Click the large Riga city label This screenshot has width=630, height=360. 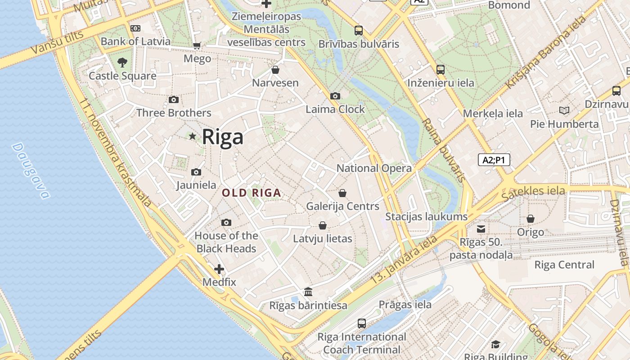click(222, 137)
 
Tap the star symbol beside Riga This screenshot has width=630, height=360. click(193, 136)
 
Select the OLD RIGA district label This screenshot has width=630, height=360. click(252, 193)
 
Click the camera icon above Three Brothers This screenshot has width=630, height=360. click(174, 99)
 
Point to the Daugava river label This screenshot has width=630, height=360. click(31, 171)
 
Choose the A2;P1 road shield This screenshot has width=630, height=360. click(494, 160)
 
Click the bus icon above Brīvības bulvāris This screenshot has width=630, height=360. click(359, 31)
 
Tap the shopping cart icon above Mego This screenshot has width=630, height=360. click(197, 45)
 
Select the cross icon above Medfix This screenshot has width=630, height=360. click(219, 269)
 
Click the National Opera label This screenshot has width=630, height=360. click(374, 168)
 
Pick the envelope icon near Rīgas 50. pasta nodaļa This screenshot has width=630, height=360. click(481, 229)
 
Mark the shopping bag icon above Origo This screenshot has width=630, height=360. click(531, 219)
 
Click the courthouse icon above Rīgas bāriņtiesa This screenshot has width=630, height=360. click(308, 292)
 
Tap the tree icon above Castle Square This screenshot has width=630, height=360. click(122, 62)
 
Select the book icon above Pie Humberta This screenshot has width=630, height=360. click(564, 110)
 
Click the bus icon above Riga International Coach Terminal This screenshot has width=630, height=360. click(362, 323)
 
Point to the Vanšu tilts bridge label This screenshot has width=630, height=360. click(58, 43)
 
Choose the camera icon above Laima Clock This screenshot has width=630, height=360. click(335, 96)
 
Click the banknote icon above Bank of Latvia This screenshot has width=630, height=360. click(135, 28)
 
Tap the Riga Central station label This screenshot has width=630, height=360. click(564, 265)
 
